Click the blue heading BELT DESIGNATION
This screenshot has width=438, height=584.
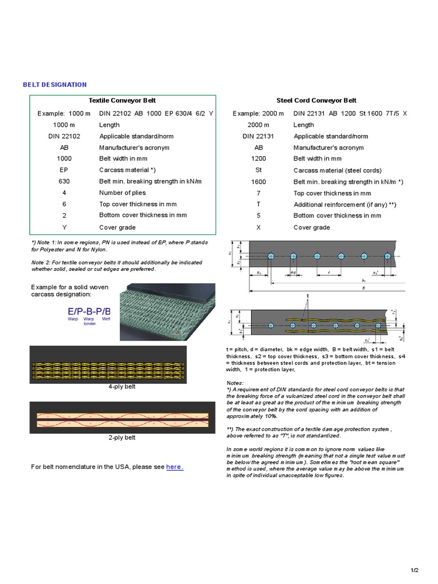click(x=55, y=84)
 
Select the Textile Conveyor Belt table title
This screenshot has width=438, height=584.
click(x=122, y=100)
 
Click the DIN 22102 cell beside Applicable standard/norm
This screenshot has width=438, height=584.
click(x=64, y=136)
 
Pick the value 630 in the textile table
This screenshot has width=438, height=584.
click(x=64, y=181)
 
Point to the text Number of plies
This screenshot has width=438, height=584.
click(x=124, y=193)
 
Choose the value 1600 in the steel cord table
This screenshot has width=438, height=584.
click(x=258, y=181)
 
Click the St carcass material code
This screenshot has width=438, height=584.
click(x=258, y=170)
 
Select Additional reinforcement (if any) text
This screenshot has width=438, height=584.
click(x=344, y=204)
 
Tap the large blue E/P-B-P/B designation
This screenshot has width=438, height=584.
click(x=89, y=311)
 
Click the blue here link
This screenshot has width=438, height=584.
click(x=175, y=467)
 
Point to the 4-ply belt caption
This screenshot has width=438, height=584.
click(x=121, y=387)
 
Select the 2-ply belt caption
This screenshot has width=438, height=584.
click(x=121, y=437)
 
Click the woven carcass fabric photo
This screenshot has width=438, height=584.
click(x=167, y=311)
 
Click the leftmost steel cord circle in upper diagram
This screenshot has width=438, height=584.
click(x=271, y=256)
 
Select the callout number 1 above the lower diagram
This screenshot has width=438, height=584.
click(x=307, y=296)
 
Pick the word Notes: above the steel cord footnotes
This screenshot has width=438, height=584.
click(x=235, y=383)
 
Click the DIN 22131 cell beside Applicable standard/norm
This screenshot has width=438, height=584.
click(x=258, y=136)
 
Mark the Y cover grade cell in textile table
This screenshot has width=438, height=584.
click(x=64, y=226)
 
